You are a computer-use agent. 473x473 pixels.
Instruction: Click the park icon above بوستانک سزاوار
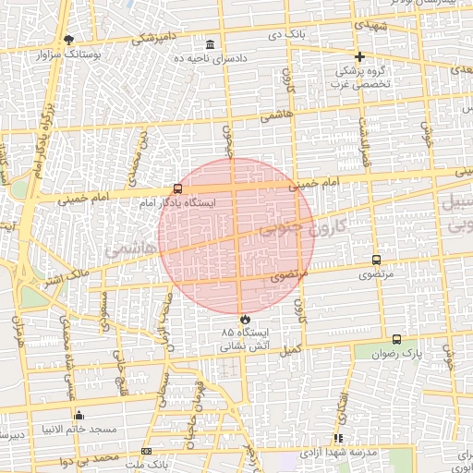[x=69, y=40]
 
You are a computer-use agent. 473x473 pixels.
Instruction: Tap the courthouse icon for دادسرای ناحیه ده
[x=211, y=44]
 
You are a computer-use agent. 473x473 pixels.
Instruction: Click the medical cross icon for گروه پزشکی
[x=359, y=56]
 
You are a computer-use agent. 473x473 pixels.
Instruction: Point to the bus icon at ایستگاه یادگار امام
[x=177, y=188]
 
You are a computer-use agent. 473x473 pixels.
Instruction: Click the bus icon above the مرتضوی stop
[x=375, y=261]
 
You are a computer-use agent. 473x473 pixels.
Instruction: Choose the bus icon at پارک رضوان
[x=397, y=340]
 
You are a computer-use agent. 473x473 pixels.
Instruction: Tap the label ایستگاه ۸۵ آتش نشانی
[x=245, y=339]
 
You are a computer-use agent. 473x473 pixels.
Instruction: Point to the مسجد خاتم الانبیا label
[x=78, y=430]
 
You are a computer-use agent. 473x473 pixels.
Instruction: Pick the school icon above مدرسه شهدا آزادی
[x=338, y=438]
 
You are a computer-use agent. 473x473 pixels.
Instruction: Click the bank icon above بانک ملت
[x=146, y=451]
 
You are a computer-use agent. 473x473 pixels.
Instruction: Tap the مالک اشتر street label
[x=67, y=273]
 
